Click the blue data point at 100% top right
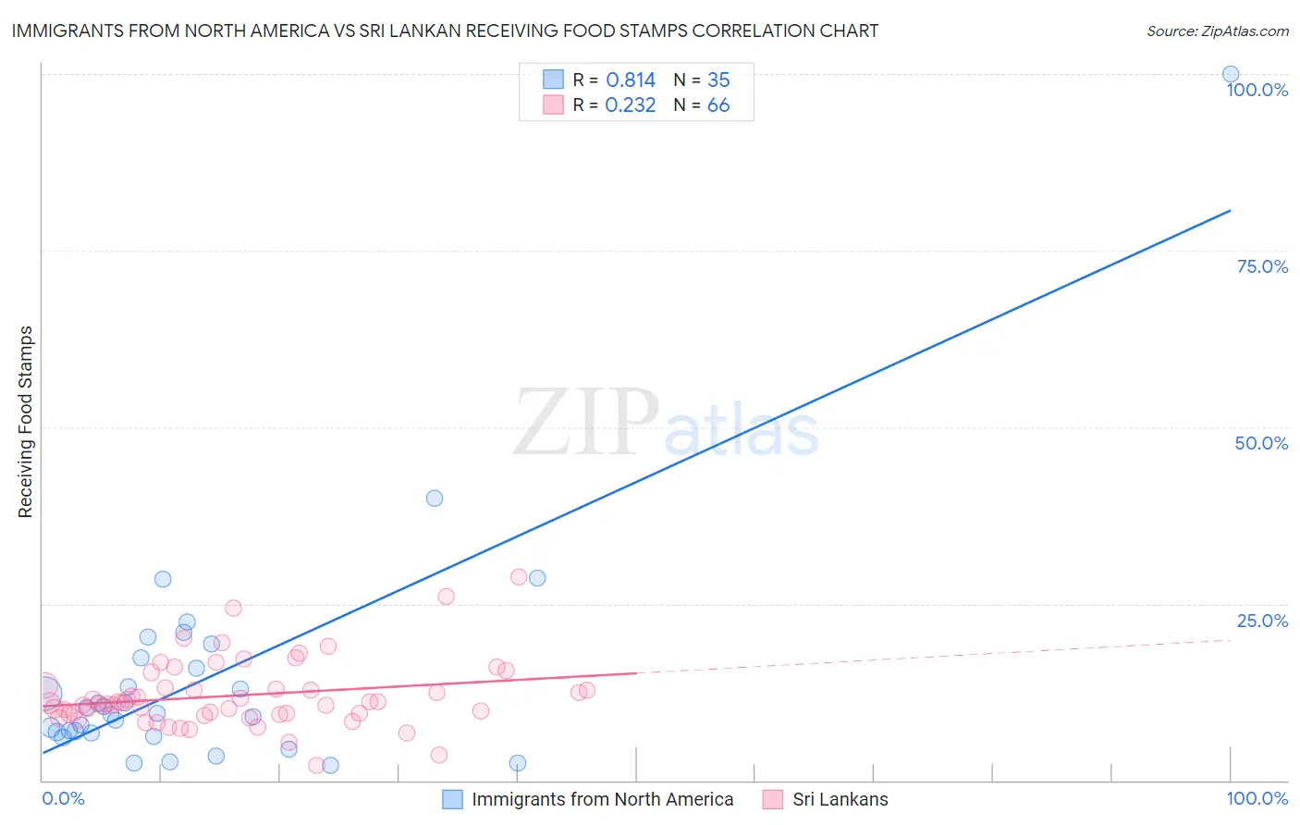(1231, 74)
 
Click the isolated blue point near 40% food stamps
(435, 498)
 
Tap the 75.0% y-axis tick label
(1262, 266)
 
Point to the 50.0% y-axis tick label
(1261, 443)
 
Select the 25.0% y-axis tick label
(1262, 621)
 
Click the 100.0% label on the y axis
(1257, 90)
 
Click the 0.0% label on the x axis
(63, 798)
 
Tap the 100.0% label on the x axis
(1257, 798)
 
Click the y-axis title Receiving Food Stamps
(25, 422)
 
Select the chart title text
(445, 31)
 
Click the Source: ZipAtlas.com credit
(1217, 31)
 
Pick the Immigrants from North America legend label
(602, 799)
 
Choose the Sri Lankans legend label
(840, 799)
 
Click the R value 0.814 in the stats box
(631, 80)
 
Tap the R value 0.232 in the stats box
(631, 105)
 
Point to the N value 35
(718, 80)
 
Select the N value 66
(718, 105)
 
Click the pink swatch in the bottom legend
(773, 799)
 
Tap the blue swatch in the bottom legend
(452, 799)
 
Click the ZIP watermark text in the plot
(586, 422)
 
